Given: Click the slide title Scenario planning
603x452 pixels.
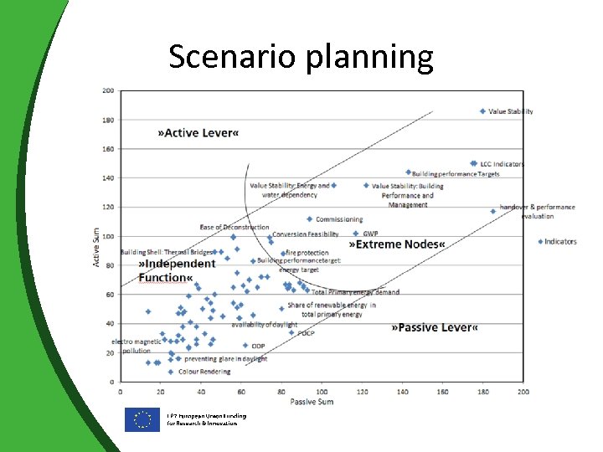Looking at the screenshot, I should pyautogui.click(x=301, y=57).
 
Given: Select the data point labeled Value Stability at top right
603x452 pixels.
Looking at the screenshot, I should pyautogui.click(x=482, y=111).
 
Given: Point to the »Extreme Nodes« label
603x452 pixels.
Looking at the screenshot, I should pyautogui.click(x=397, y=244).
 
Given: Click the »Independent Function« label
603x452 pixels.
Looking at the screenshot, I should pyautogui.click(x=177, y=270).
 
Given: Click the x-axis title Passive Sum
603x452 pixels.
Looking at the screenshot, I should pyautogui.click(x=312, y=402).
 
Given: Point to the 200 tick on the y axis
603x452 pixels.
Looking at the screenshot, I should pyautogui.click(x=109, y=90).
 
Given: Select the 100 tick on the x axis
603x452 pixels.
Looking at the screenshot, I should pyautogui.click(x=322, y=391).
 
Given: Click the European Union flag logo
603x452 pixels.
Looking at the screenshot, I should pyautogui.click(x=142, y=419).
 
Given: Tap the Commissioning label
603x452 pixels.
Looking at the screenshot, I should pyautogui.click(x=339, y=219).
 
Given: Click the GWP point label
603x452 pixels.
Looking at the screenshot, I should pyautogui.click(x=370, y=234).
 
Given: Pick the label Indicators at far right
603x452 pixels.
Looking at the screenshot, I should pyautogui.click(x=560, y=242).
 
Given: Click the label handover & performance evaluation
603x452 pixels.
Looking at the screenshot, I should pyautogui.click(x=537, y=212).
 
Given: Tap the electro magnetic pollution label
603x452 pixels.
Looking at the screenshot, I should pyautogui.click(x=137, y=346).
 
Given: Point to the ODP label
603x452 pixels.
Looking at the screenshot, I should pyautogui.click(x=258, y=346).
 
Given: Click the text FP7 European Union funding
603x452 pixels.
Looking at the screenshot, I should pyautogui.click(x=206, y=416).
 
